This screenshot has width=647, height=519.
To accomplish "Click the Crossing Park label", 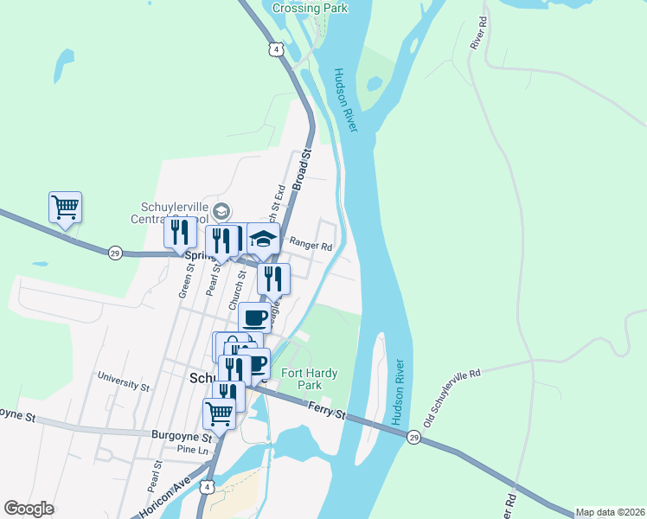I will click(310, 8).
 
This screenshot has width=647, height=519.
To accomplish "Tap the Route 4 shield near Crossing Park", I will click(275, 50).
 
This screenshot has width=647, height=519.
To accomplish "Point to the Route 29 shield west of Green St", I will click(115, 253).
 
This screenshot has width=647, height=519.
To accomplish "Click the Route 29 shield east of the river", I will click(414, 439).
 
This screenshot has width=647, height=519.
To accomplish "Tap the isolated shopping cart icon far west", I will click(65, 208).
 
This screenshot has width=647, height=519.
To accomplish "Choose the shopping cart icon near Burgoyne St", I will click(219, 413).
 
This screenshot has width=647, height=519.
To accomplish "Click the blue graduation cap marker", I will click(264, 239).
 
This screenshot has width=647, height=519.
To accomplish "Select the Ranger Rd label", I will click(311, 246).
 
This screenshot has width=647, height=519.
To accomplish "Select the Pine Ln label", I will click(192, 451).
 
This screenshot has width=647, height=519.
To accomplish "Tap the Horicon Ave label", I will click(163, 497).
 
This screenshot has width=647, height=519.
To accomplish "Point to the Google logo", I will click(29, 509).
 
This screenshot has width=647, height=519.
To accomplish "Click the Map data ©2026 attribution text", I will click(610, 512).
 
